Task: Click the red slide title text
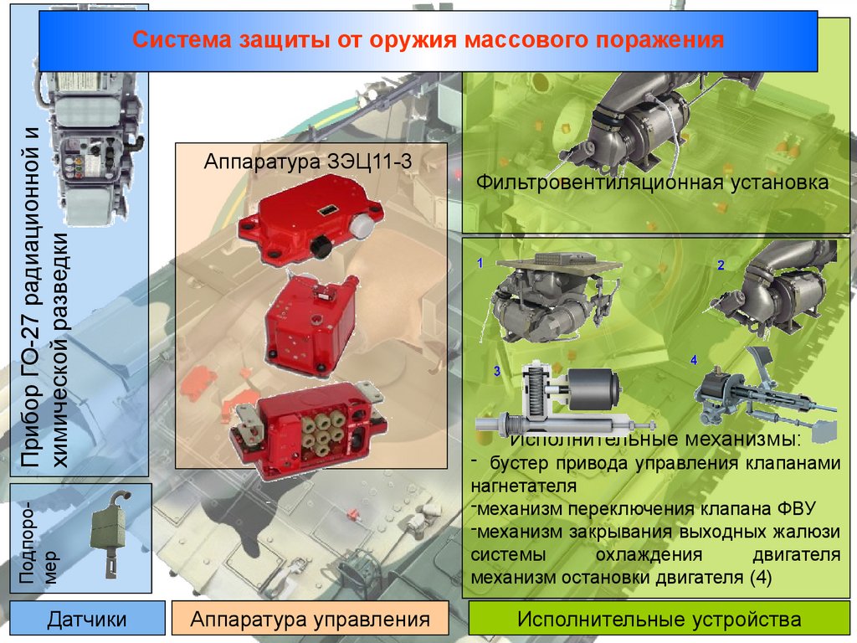(428, 40)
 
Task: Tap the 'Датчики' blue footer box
(87, 619)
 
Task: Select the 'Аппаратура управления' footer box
(310, 619)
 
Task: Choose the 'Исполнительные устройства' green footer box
(659, 619)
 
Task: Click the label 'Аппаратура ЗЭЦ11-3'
(308, 162)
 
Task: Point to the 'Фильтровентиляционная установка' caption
(652, 182)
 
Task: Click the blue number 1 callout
(480, 263)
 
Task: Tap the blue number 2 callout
(721, 265)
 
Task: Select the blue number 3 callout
(497, 371)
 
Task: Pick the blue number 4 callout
(694, 360)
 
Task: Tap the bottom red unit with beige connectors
(308, 430)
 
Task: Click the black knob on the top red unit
(321, 247)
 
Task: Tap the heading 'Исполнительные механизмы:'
(655, 439)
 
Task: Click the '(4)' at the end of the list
(760, 578)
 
